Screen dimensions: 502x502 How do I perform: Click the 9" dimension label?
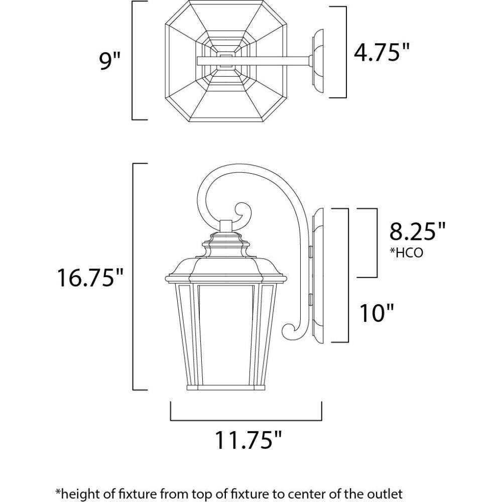pos(109,61)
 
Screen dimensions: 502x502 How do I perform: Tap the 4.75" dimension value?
pos(382,52)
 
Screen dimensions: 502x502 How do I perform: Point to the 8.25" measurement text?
pos(417,232)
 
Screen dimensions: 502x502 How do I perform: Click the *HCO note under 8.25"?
pos(406,253)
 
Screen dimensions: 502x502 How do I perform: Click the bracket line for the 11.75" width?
pos(246,419)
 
